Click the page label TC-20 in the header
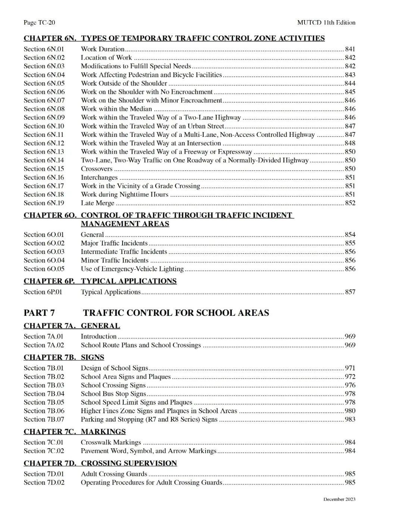tap(39, 23)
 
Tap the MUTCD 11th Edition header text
tap(326, 23)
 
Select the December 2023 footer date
tap(339, 499)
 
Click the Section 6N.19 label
tap(44, 203)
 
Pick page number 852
tap(350, 203)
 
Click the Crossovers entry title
tap(97, 169)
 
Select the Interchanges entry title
tap(99, 178)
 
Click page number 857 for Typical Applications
tap(350, 292)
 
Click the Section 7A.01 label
tap(44, 336)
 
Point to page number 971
tap(350, 368)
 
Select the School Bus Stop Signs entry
tap(113, 394)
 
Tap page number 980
tap(350, 411)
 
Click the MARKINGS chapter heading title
tap(103, 432)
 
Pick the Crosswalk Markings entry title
tap(111, 443)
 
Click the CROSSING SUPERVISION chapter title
tap(129, 464)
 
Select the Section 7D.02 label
tap(44, 483)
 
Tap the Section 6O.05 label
tap(44, 269)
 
